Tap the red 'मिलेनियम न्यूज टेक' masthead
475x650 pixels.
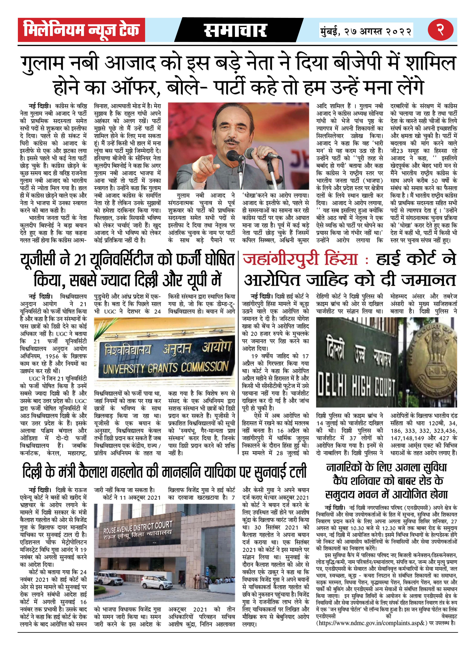coord(81,30)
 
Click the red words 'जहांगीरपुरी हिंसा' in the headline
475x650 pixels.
coord(300,258)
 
